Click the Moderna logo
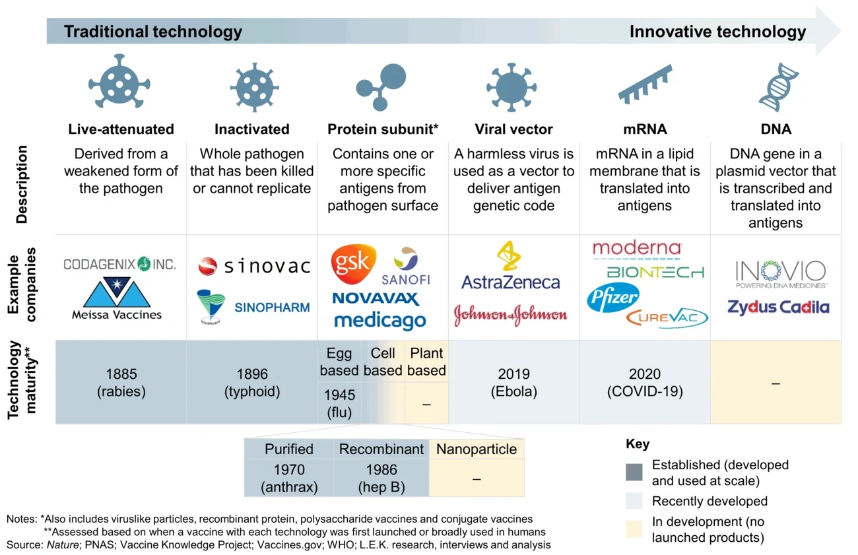click(x=636, y=249)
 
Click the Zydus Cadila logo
click(x=778, y=307)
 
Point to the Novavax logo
click(x=376, y=298)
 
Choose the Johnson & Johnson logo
click(x=510, y=315)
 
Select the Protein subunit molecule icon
click(x=381, y=85)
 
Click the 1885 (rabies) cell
click(x=121, y=382)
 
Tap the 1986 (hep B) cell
click(x=381, y=478)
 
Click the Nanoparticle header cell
click(x=476, y=449)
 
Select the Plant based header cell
click(x=426, y=362)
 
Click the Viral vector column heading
click(x=513, y=129)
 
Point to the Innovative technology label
click(x=717, y=32)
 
